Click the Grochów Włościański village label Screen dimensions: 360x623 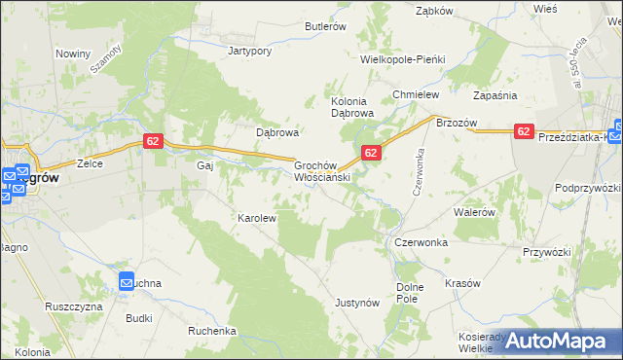tap(321, 172)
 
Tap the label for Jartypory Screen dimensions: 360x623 tap(247, 50)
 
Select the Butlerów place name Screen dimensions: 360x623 tap(326, 27)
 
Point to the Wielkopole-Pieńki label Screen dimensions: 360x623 tap(402, 59)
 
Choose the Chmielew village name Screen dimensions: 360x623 tap(416, 94)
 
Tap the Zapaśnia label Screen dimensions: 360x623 tap(495, 95)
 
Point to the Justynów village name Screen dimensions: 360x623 tap(356, 304)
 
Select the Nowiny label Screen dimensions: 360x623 tap(73, 54)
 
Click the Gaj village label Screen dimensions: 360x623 tap(204, 165)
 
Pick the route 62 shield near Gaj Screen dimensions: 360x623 tap(152, 141)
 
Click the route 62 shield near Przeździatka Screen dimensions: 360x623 tap(524, 131)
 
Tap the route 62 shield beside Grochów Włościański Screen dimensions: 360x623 tap(371, 153)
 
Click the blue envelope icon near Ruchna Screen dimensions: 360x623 tap(128, 282)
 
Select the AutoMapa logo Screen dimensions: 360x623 tap(556, 341)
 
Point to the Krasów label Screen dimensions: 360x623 tap(462, 283)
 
